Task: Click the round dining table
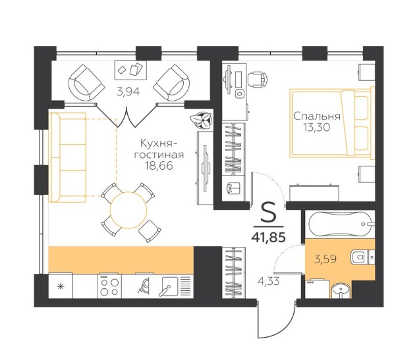[128, 211]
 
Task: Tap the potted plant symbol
[202, 120]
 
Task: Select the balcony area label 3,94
[128, 91]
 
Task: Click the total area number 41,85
[268, 237]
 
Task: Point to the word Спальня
[317, 116]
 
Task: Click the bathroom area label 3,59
[325, 259]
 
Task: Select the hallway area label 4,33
[269, 281]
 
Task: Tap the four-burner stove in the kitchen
[109, 286]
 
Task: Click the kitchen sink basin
[169, 286]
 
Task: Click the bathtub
[340, 224]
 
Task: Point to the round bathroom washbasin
[340, 290]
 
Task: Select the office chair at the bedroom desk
[258, 79]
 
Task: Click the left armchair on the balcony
[86, 83]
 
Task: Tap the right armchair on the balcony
[171, 83]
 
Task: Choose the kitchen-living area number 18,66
[159, 166]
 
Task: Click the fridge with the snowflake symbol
[61, 286]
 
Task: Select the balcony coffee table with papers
[130, 70]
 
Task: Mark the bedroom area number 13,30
[317, 128]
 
